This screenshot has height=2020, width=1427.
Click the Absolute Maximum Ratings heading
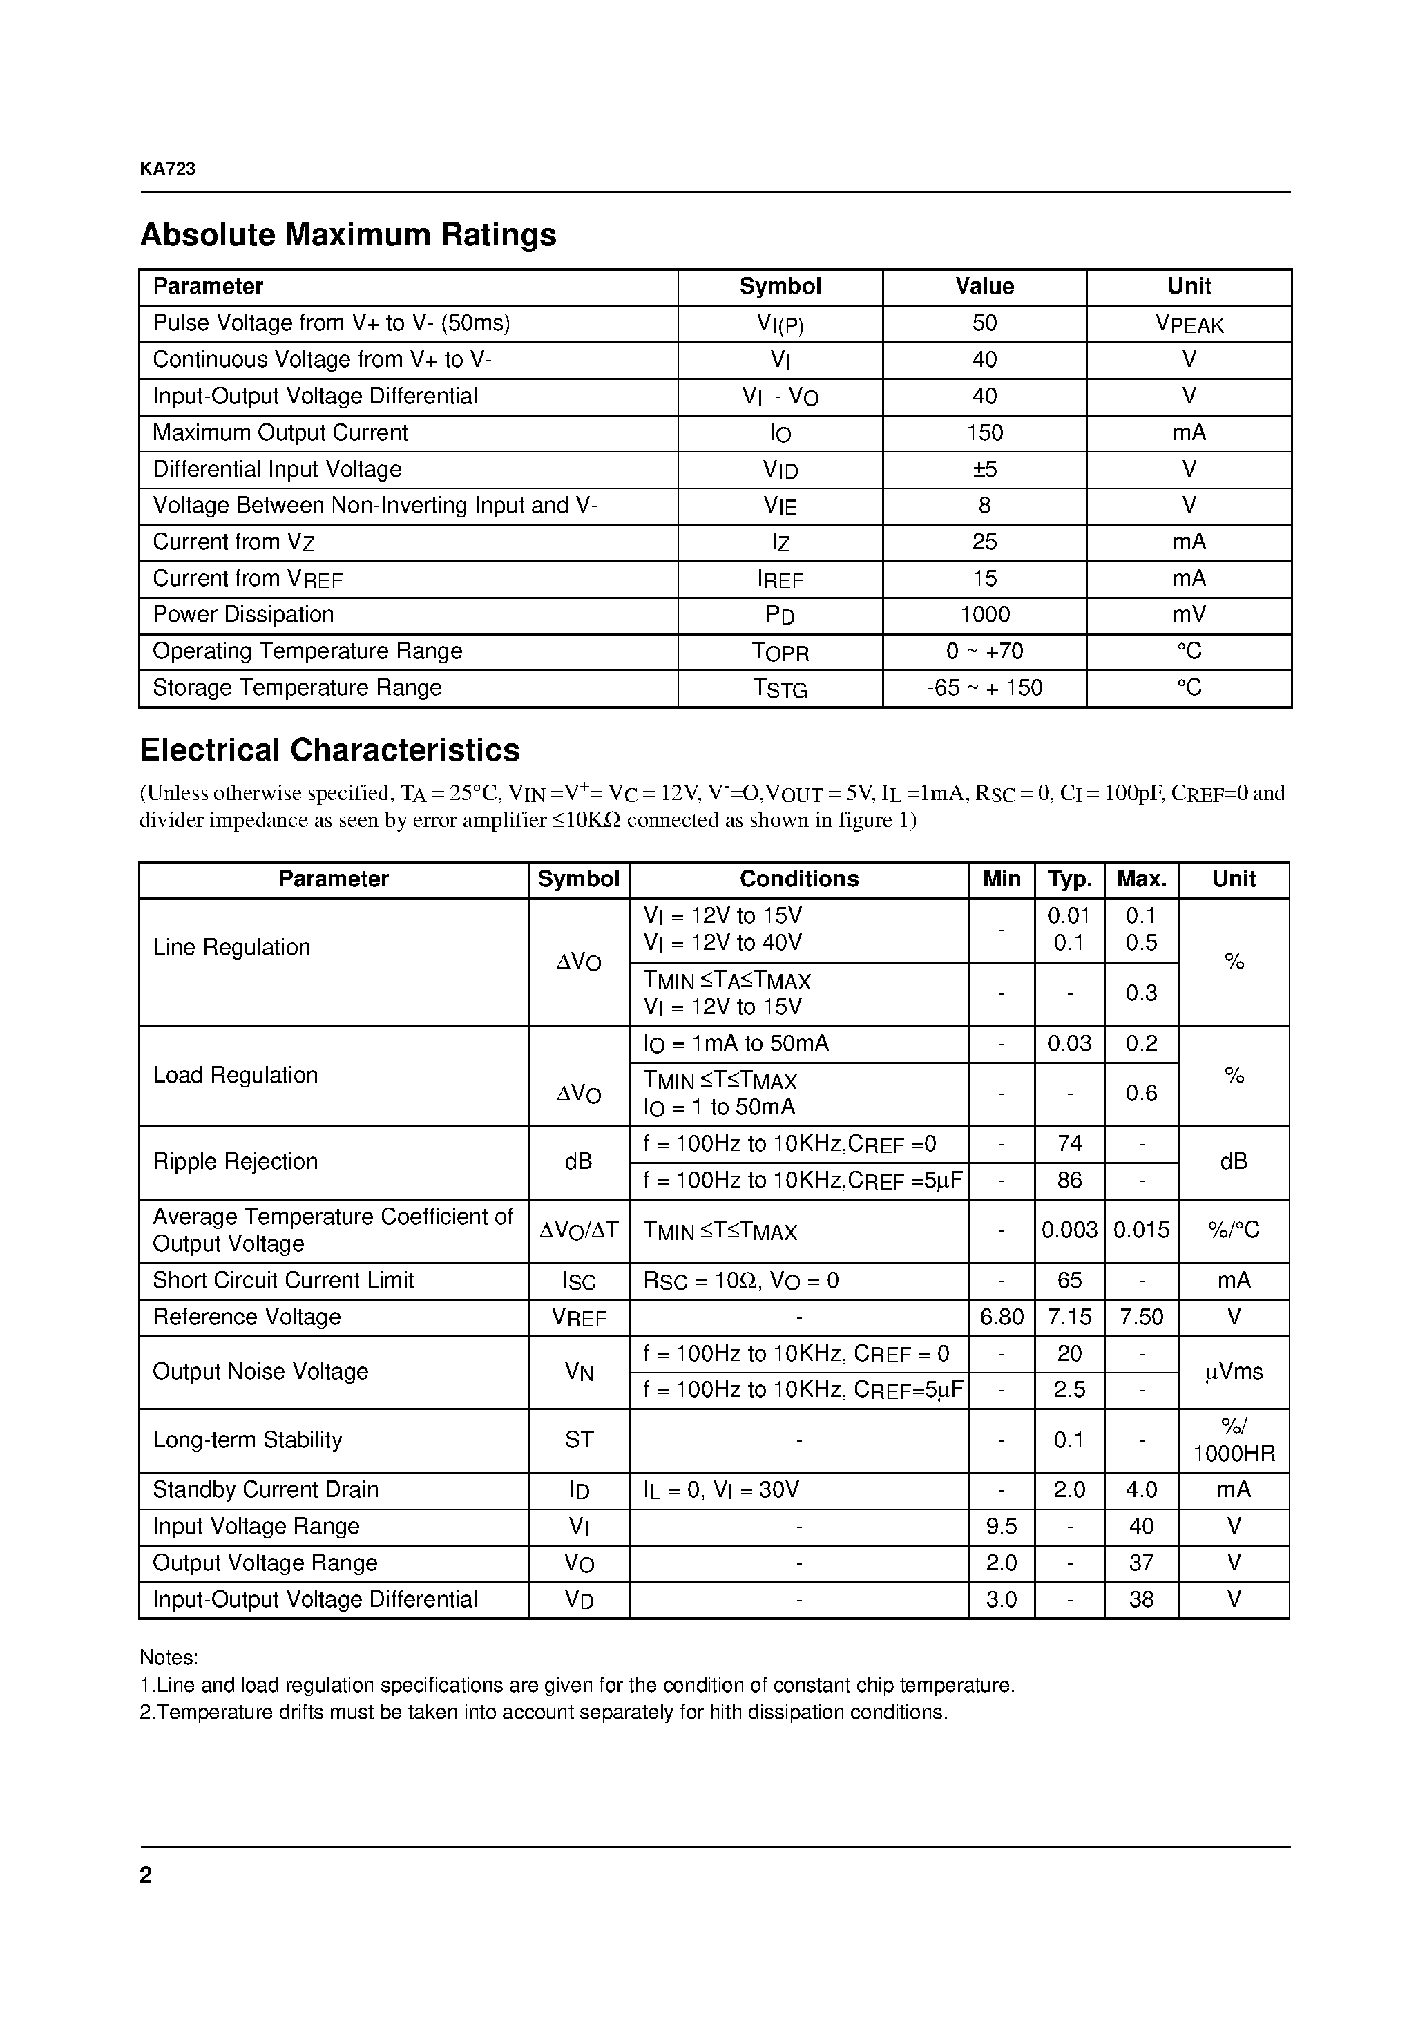point(347,235)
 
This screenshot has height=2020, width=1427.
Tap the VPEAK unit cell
point(1189,324)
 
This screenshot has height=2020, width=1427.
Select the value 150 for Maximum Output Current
point(984,433)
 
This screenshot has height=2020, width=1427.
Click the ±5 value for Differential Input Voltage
point(984,469)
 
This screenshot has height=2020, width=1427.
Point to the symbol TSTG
point(780,688)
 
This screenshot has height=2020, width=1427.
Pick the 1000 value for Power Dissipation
point(984,614)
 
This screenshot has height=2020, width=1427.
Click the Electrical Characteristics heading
point(330,750)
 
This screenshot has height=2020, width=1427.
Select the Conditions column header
point(799,879)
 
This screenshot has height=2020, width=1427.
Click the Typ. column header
point(1069,879)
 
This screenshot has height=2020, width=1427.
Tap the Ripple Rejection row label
point(235,1161)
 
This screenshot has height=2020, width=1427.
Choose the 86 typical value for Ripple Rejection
point(1069,1180)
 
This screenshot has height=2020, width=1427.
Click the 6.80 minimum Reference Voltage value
point(1002,1317)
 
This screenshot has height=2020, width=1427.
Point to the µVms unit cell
point(1234,1371)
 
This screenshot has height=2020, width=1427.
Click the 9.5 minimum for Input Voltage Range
point(1002,1527)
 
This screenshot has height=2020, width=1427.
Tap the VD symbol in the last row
point(578,1599)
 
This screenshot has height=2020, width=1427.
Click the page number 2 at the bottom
point(146,1875)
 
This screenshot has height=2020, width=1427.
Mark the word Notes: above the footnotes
point(169,1657)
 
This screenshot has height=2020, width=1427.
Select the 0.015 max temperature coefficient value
point(1141,1230)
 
